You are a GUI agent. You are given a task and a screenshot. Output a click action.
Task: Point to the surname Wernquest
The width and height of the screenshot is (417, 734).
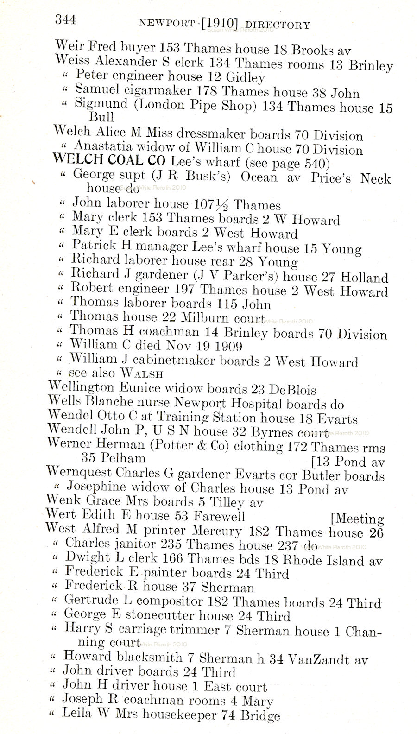[x=79, y=474]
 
